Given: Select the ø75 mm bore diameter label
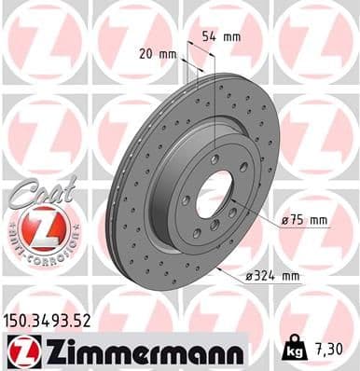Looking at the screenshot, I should tap(304, 220).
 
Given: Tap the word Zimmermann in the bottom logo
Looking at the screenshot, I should tap(140, 351).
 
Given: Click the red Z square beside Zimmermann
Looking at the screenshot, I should tap(20, 351).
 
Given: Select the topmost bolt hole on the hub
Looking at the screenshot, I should tap(215, 159).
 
